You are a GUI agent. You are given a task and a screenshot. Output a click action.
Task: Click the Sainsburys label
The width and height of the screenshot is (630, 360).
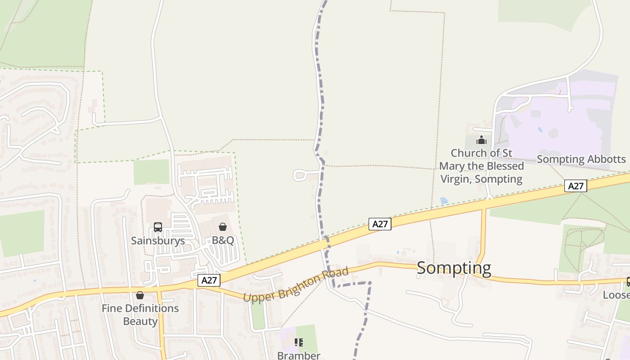(158, 241)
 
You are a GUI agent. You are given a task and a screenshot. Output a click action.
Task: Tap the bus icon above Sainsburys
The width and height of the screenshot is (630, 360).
(158, 227)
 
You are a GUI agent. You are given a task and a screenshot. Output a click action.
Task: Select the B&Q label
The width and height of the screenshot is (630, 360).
(223, 240)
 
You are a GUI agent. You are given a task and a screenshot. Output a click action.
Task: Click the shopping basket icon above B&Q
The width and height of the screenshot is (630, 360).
(223, 227)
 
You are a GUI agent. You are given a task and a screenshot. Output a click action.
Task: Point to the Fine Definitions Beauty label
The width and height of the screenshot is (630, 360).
(140, 315)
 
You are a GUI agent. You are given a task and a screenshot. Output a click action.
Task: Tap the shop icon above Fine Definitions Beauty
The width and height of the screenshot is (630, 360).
(140, 295)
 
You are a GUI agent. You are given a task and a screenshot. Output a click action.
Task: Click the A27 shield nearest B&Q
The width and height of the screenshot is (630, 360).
(209, 280)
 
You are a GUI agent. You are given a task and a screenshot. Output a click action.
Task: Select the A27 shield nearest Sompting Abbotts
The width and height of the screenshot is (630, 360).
(576, 186)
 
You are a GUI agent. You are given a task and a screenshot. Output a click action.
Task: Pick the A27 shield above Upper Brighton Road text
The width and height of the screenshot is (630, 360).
(380, 224)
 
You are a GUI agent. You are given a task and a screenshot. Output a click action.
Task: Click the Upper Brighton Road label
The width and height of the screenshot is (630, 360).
(296, 285)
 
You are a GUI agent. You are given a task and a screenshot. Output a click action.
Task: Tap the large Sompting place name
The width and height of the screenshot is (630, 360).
(454, 268)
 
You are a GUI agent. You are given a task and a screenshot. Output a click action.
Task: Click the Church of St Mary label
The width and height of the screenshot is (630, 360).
(481, 166)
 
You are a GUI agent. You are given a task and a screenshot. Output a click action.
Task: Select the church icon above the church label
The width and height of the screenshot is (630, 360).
(481, 140)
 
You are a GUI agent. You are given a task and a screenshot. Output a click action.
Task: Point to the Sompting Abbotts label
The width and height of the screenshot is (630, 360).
(581, 159)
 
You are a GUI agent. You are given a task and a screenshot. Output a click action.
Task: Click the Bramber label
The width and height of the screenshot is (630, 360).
(298, 355)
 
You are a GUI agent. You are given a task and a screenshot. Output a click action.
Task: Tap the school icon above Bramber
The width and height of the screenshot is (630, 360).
(298, 342)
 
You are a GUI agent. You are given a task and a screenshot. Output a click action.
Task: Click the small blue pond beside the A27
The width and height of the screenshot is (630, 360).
(444, 201)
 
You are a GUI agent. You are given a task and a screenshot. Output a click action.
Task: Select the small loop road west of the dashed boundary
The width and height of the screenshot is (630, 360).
(300, 175)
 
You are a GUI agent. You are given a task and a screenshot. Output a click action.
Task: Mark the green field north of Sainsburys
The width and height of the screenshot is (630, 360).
(151, 172)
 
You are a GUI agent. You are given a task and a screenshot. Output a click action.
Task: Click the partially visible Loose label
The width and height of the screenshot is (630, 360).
(616, 295)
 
